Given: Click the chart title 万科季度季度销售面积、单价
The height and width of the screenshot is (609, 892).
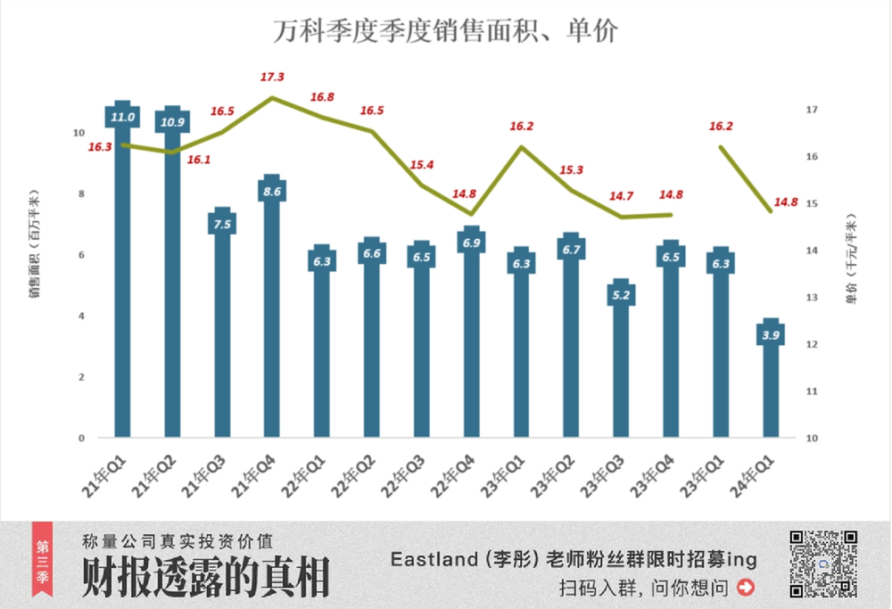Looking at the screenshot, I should click(445, 31).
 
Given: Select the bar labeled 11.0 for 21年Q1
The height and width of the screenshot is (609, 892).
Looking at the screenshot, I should click(122, 285).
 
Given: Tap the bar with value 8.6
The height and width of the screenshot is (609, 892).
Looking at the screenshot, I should click(272, 321).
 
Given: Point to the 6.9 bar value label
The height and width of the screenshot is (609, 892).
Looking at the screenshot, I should click(472, 243).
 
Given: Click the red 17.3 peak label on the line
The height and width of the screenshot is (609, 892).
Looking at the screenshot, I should click(273, 78).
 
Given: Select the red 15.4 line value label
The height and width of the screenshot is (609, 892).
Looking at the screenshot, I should click(422, 166).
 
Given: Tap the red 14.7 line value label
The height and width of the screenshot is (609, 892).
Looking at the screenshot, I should click(621, 197).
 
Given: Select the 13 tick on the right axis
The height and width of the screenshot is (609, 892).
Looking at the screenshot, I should click(811, 298).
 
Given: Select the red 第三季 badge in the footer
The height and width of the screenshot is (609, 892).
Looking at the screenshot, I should click(42, 564).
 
